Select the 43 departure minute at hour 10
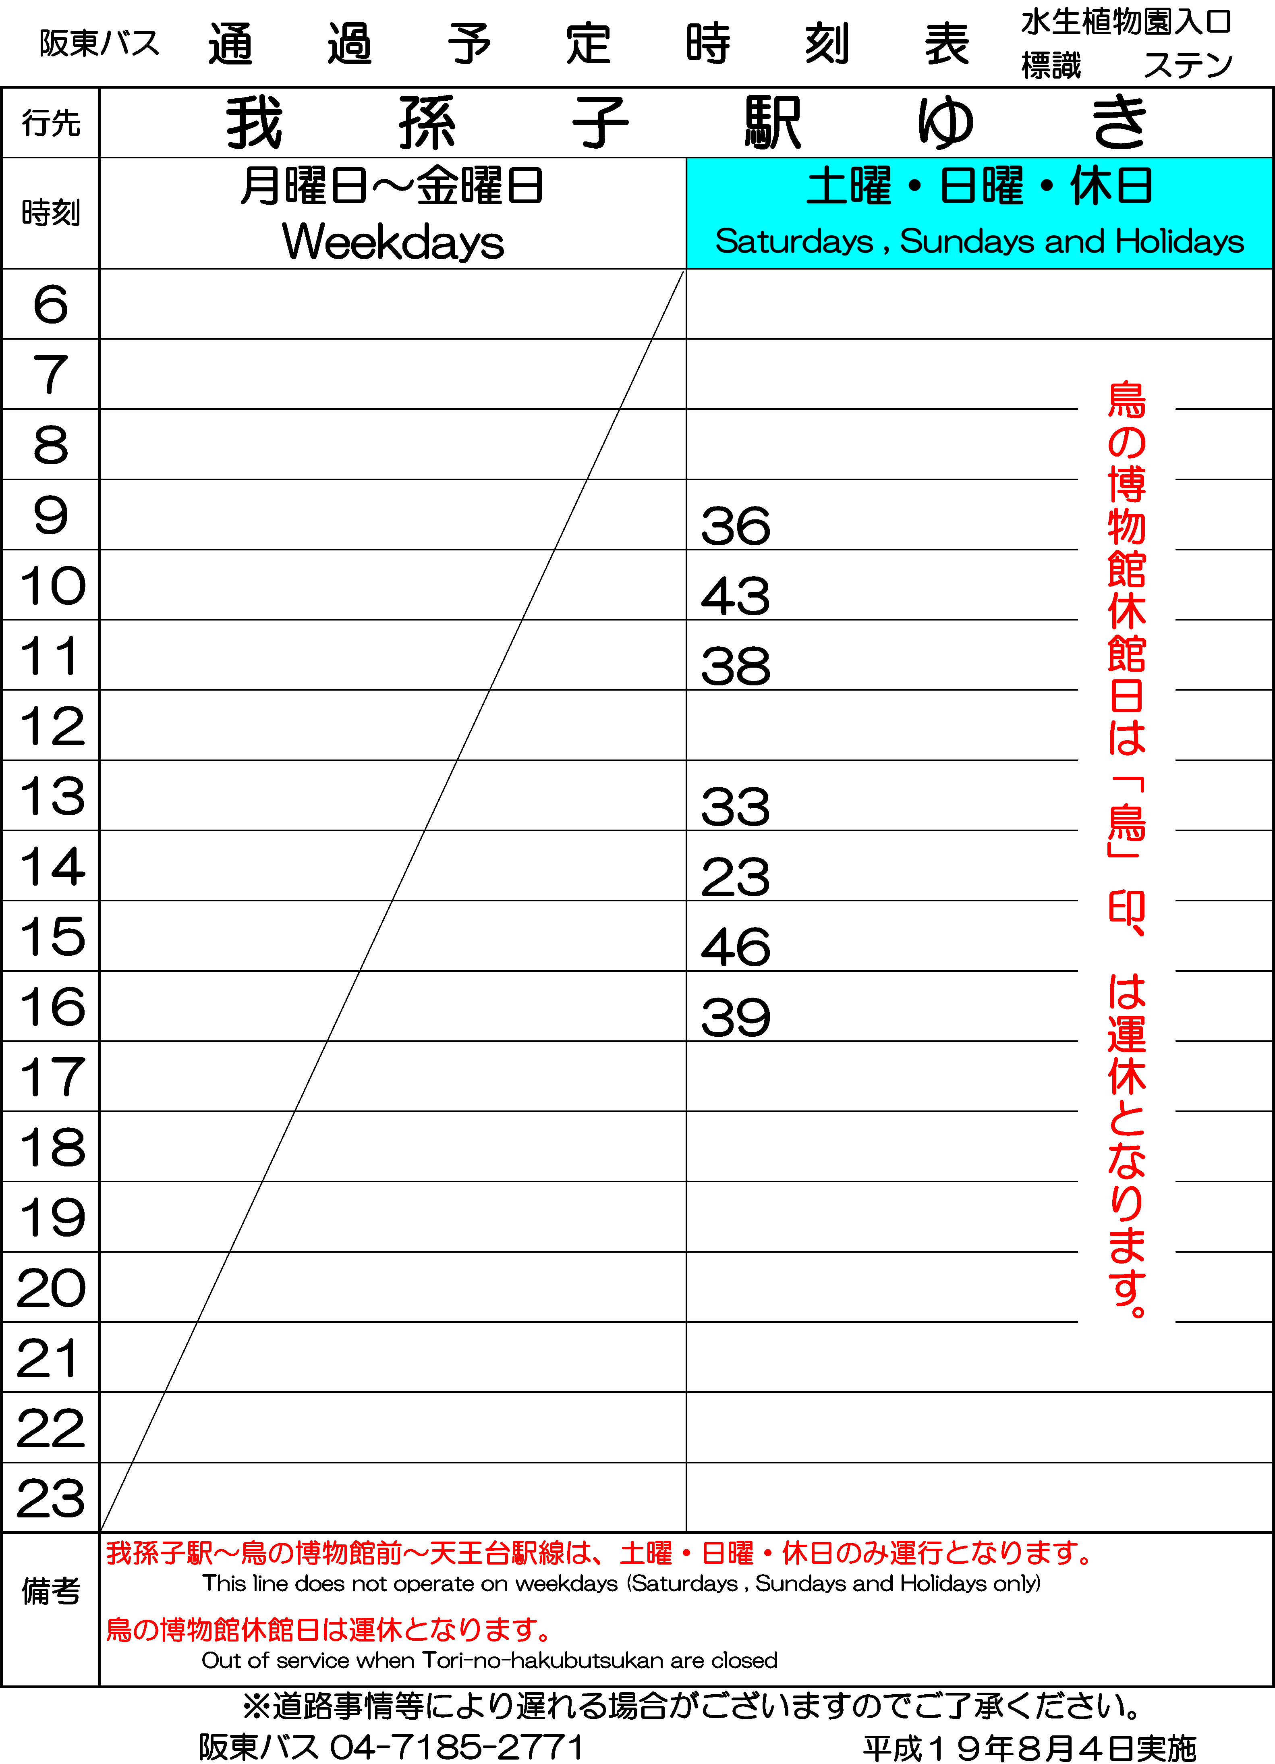pyautogui.click(x=736, y=597)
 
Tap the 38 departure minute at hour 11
pyautogui.click(x=736, y=666)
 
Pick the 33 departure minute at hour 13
pyautogui.click(x=736, y=807)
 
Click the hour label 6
pyautogui.click(x=50, y=304)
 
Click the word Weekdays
pyautogui.click(x=393, y=242)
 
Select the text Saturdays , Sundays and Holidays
pyautogui.click(x=980, y=241)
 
